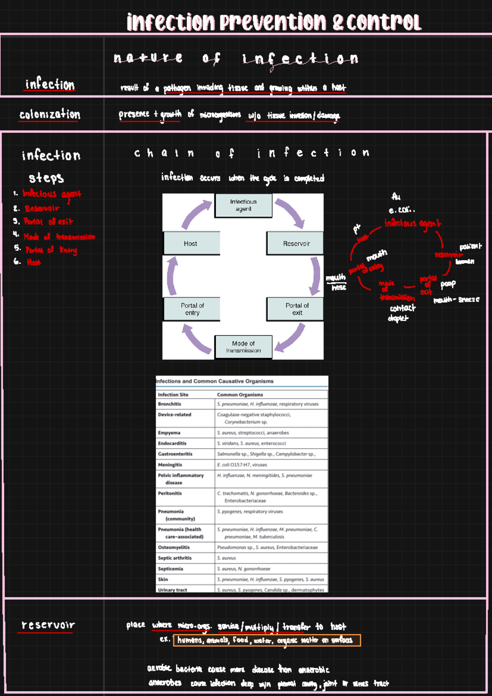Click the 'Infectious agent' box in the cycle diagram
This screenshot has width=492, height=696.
point(243,205)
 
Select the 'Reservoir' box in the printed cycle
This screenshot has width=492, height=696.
point(295,243)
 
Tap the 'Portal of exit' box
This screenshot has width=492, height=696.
point(295,309)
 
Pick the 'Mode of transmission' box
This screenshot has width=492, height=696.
point(243,347)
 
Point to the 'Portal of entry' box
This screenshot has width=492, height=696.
point(192,309)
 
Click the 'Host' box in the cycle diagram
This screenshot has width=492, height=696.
point(191,243)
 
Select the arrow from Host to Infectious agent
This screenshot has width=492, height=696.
point(195,214)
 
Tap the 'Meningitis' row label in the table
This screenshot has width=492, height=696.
point(170,465)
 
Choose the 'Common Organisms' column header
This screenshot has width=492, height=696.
point(240,395)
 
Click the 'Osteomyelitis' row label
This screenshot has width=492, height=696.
point(174,547)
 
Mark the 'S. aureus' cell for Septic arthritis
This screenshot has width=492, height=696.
point(226,558)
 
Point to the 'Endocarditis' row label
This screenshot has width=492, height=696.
point(172,443)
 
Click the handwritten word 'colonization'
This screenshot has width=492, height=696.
point(50,114)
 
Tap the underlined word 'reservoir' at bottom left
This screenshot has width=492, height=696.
point(48,625)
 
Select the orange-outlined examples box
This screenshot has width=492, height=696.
point(266,640)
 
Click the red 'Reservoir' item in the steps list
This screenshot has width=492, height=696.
point(42,208)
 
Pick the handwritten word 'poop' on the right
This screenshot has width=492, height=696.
point(448,284)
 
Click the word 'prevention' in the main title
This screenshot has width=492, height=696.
point(273,22)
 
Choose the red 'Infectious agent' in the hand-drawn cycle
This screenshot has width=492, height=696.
point(412,223)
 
